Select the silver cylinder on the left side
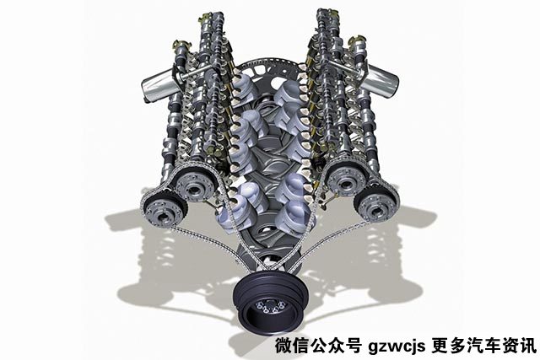pyautogui.click(x=157, y=86)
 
